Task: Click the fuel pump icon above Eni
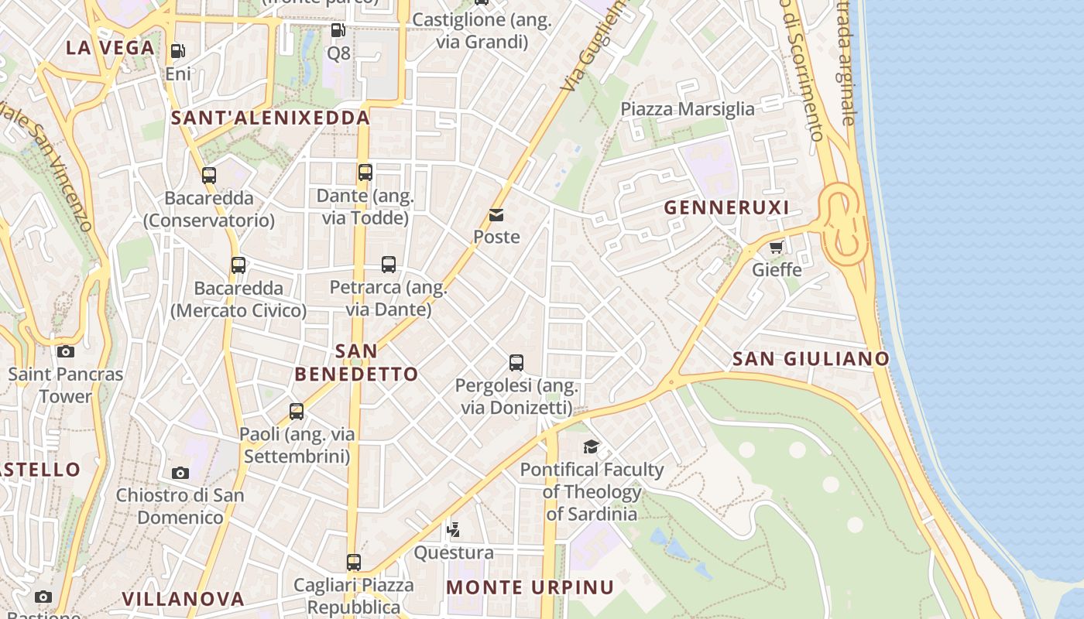pyautogui.click(x=177, y=51)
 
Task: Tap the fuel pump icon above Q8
pyautogui.click(x=338, y=30)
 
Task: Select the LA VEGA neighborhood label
pyautogui.click(x=110, y=48)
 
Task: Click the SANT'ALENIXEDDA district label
pyautogui.click(x=270, y=118)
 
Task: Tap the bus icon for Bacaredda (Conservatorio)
pyautogui.click(x=208, y=176)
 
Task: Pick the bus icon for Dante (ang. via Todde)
pyautogui.click(x=365, y=173)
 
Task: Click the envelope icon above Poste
pyautogui.click(x=496, y=215)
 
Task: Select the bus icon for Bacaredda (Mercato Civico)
pyautogui.click(x=238, y=265)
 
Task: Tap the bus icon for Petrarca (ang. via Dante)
pyautogui.click(x=389, y=265)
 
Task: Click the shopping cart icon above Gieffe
pyautogui.click(x=776, y=248)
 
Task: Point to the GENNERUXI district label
pyautogui.click(x=726, y=207)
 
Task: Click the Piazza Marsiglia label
pyautogui.click(x=687, y=109)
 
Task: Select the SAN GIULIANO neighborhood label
pyautogui.click(x=811, y=358)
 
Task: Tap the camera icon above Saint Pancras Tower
pyautogui.click(x=66, y=352)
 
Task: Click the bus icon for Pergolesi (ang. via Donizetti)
pyautogui.click(x=516, y=362)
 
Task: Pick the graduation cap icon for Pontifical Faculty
pyautogui.click(x=591, y=446)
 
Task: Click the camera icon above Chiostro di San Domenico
pyautogui.click(x=180, y=473)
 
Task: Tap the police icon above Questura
pyautogui.click(x=454, y=530)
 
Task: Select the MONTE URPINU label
pyautogui.click(x=530, y=587)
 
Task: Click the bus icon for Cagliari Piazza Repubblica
pyautogui.click(x=353, y=563)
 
